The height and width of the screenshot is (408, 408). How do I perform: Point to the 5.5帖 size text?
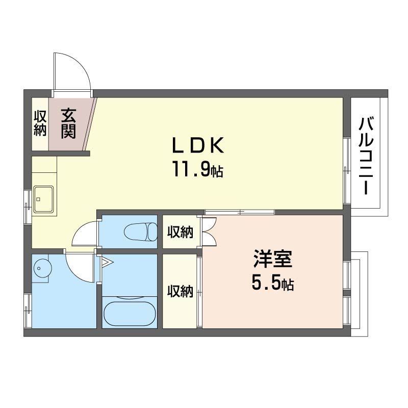(x=273, y=283)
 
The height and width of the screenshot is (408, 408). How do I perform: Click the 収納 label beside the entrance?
(x=40, y=123)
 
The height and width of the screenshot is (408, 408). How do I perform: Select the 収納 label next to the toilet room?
(x=181, y=232)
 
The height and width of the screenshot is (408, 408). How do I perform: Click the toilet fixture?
(x=141, y=233)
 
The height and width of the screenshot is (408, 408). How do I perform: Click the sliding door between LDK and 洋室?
(x=239, y=212)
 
